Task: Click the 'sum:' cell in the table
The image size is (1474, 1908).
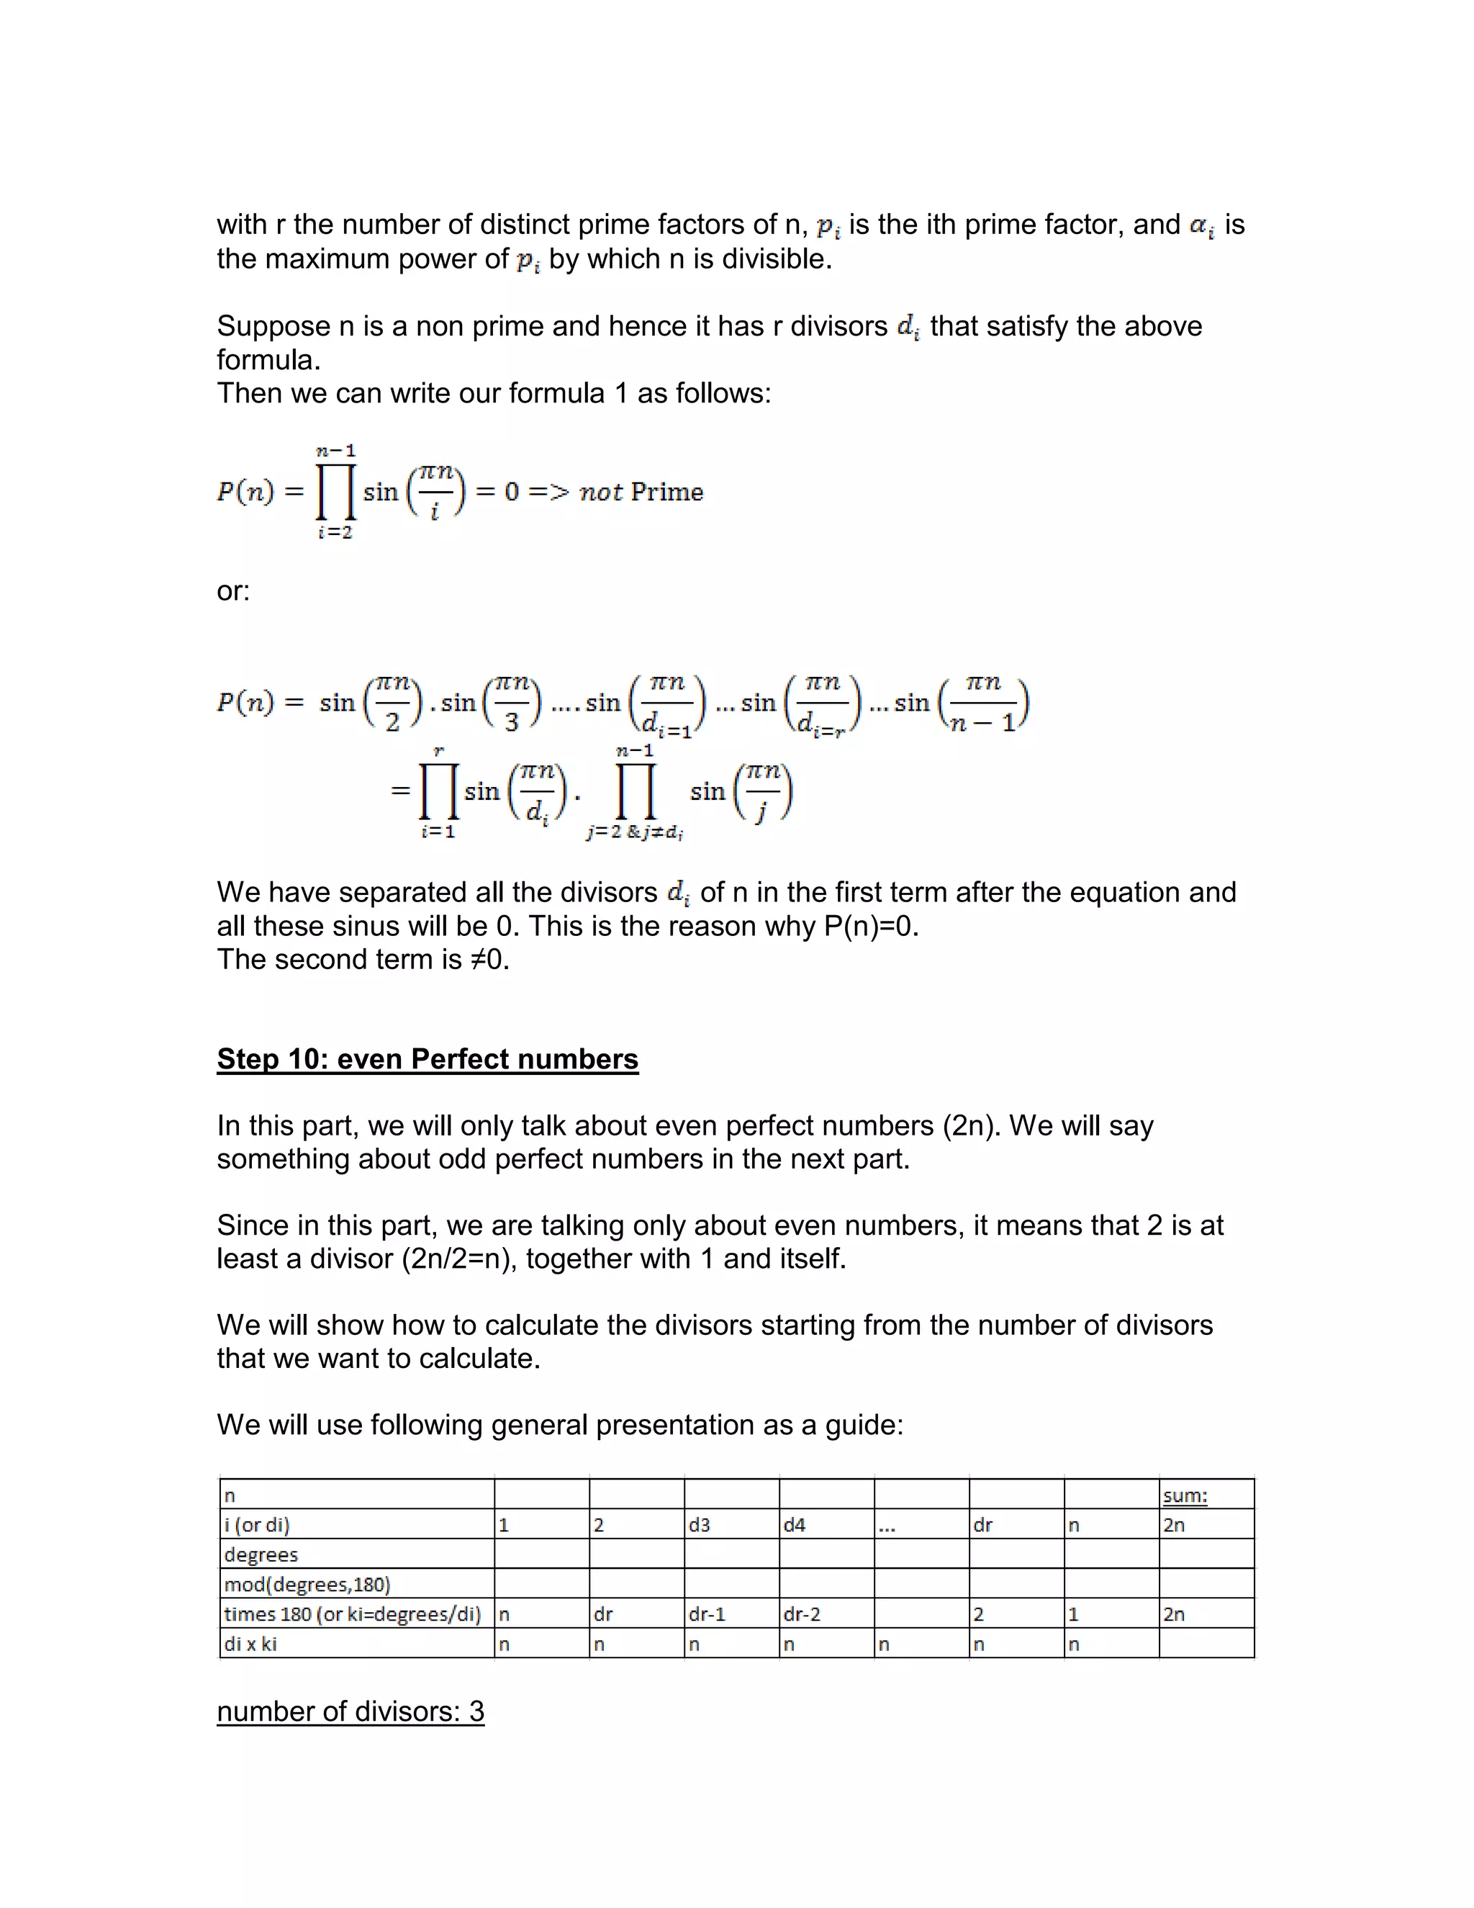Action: pos(1185,1495)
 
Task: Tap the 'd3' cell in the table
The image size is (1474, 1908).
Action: pos(700,1526)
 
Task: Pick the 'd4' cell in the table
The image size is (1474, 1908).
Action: pos(795,1526)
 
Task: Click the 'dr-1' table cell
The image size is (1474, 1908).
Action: pos(707,1614)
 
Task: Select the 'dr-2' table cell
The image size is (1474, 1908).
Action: pos(802,1614)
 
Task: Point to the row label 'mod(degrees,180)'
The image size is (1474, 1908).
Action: pos(307,1585)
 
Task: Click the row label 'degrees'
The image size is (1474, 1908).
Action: pos(261,1555)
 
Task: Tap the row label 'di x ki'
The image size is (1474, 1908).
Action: pos(250,1644)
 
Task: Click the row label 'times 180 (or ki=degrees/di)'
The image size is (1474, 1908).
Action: pos(352,1614)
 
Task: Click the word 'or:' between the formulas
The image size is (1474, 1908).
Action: pos(233,591)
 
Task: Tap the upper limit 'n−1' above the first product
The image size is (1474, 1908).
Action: pos(336,451)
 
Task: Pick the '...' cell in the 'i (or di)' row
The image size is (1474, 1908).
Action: pos(887,1526)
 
